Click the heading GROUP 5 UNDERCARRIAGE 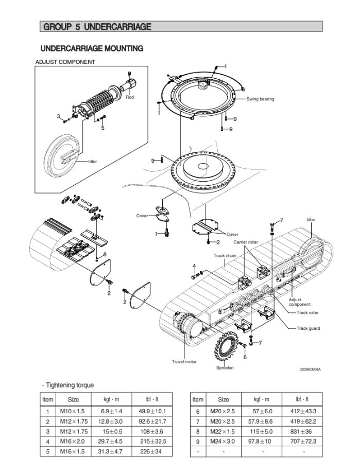click(x=97, y=26)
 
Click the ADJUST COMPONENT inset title click(x=65, y=62)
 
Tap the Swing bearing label click(x=260, y=99)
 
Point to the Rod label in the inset click(x=130, y=97)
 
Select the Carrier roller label click(x=246, y=242)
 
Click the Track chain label click(x=225, y=255)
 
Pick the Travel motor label click(x=184, y=362)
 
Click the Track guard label click(x=308, y=328)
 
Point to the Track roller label click(x=307, y=312)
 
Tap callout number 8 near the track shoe click(x=105, y=254)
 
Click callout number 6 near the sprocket click(x=245, y=357)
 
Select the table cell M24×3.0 click(x=223, y=441)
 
